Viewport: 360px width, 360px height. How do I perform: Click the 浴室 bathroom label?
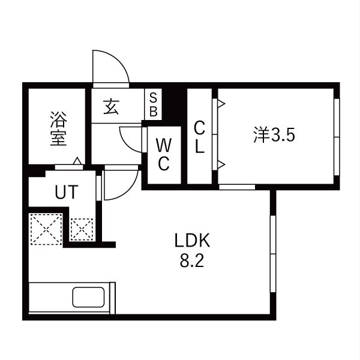[59, 128]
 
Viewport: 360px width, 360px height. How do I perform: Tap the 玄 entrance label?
[111, 107]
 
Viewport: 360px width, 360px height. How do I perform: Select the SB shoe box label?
[154, 105]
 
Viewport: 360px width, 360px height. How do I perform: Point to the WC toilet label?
[164, 155]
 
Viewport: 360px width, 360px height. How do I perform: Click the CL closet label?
[199, 137]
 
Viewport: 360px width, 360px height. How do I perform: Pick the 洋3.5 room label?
[274, 135]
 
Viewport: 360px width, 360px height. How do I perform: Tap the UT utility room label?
[67, 192]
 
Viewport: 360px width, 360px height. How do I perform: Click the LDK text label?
[192, 241]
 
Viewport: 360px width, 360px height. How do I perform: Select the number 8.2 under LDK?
[192, 261]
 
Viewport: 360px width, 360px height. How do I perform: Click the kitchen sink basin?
[88, 297]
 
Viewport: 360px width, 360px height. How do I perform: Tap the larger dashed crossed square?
[46, 229]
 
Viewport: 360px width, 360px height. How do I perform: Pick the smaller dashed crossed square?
[82, 230]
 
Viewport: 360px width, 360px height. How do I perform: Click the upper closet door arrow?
[221, 103]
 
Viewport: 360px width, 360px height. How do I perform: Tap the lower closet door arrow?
[221, 164]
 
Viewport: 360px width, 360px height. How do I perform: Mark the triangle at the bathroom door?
[77, 161]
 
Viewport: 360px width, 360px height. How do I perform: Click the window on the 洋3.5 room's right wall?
[337, 137]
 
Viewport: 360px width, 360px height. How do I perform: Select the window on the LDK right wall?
[273, 254]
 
